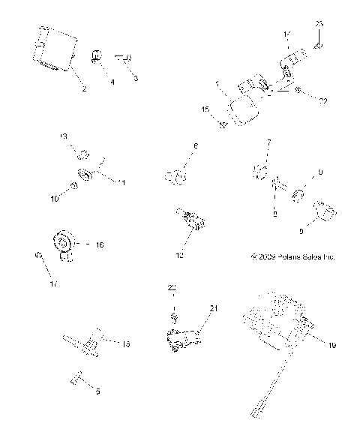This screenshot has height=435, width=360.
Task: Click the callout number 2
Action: click(83, 90)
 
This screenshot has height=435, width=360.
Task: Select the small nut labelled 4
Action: click(97, 55)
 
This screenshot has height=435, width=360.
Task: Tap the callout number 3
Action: click(135, 78)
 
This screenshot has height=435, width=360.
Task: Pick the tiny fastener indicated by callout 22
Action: click(298, 91)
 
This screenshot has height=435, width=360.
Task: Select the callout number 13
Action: click(64, 136)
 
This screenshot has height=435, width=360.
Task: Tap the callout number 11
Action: click(121, 182)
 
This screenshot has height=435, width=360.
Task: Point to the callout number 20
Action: click(171, 287)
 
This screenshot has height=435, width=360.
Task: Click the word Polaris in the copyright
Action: click(288, 256)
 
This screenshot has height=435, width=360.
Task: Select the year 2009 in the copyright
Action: click(268, 256)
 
